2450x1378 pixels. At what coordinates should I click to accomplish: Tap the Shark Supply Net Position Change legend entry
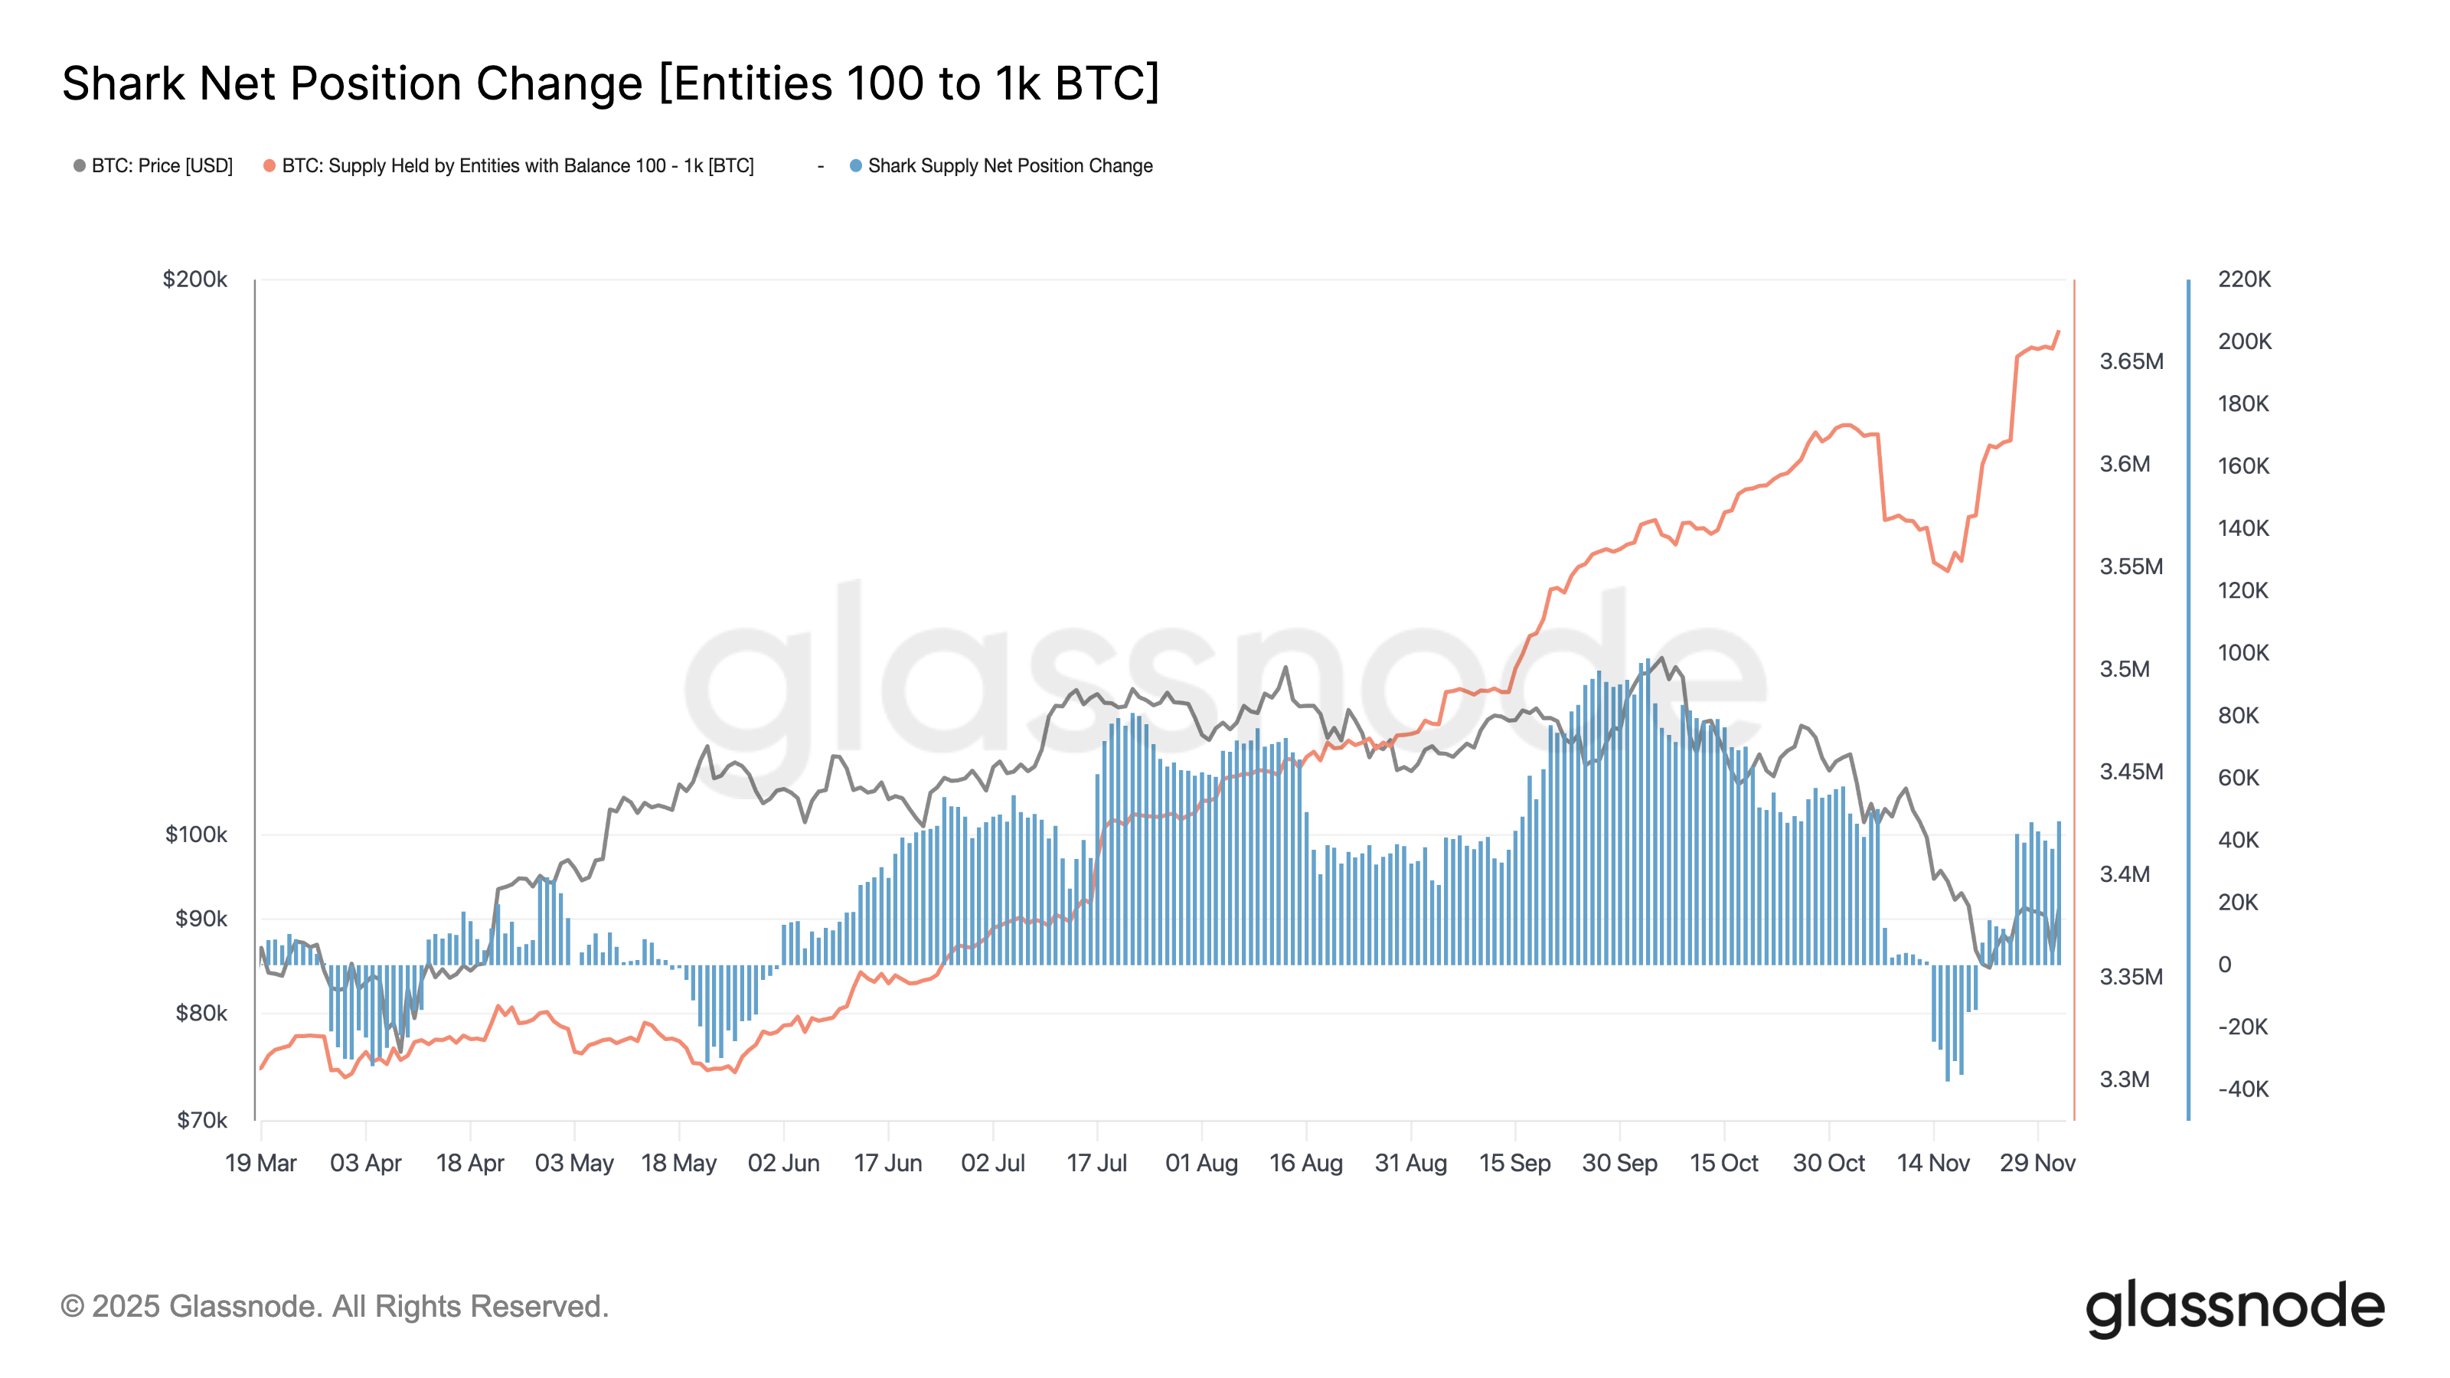[1009, 165]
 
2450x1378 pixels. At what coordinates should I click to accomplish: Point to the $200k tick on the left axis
[195, 279]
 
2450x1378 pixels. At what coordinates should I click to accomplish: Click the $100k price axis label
[196, 835]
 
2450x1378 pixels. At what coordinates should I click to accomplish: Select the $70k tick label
[201, 1120]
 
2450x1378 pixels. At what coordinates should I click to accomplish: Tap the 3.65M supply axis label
[2131, 361]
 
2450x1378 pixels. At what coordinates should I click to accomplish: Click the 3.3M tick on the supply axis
[2125, 1079]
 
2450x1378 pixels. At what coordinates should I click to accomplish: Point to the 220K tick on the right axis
[2243, 279]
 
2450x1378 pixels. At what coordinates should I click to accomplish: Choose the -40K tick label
[2243, 1089]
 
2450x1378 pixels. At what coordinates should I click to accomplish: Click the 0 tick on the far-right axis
[2225, 965]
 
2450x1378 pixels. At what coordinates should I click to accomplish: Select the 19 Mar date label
[260, 1163]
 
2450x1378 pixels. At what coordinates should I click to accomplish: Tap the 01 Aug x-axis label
[1201, 1163]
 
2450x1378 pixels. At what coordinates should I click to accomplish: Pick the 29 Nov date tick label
[2037, 1163]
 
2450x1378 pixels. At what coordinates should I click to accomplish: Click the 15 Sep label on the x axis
[1514, 1163]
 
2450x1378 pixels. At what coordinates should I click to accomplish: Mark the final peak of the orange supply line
[2058, 332]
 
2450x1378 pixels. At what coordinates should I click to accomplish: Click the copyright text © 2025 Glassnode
[334, 1307]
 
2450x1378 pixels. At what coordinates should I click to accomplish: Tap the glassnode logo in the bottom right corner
[2235, 1308]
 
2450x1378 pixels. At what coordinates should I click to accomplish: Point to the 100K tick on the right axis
[2243, 653]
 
